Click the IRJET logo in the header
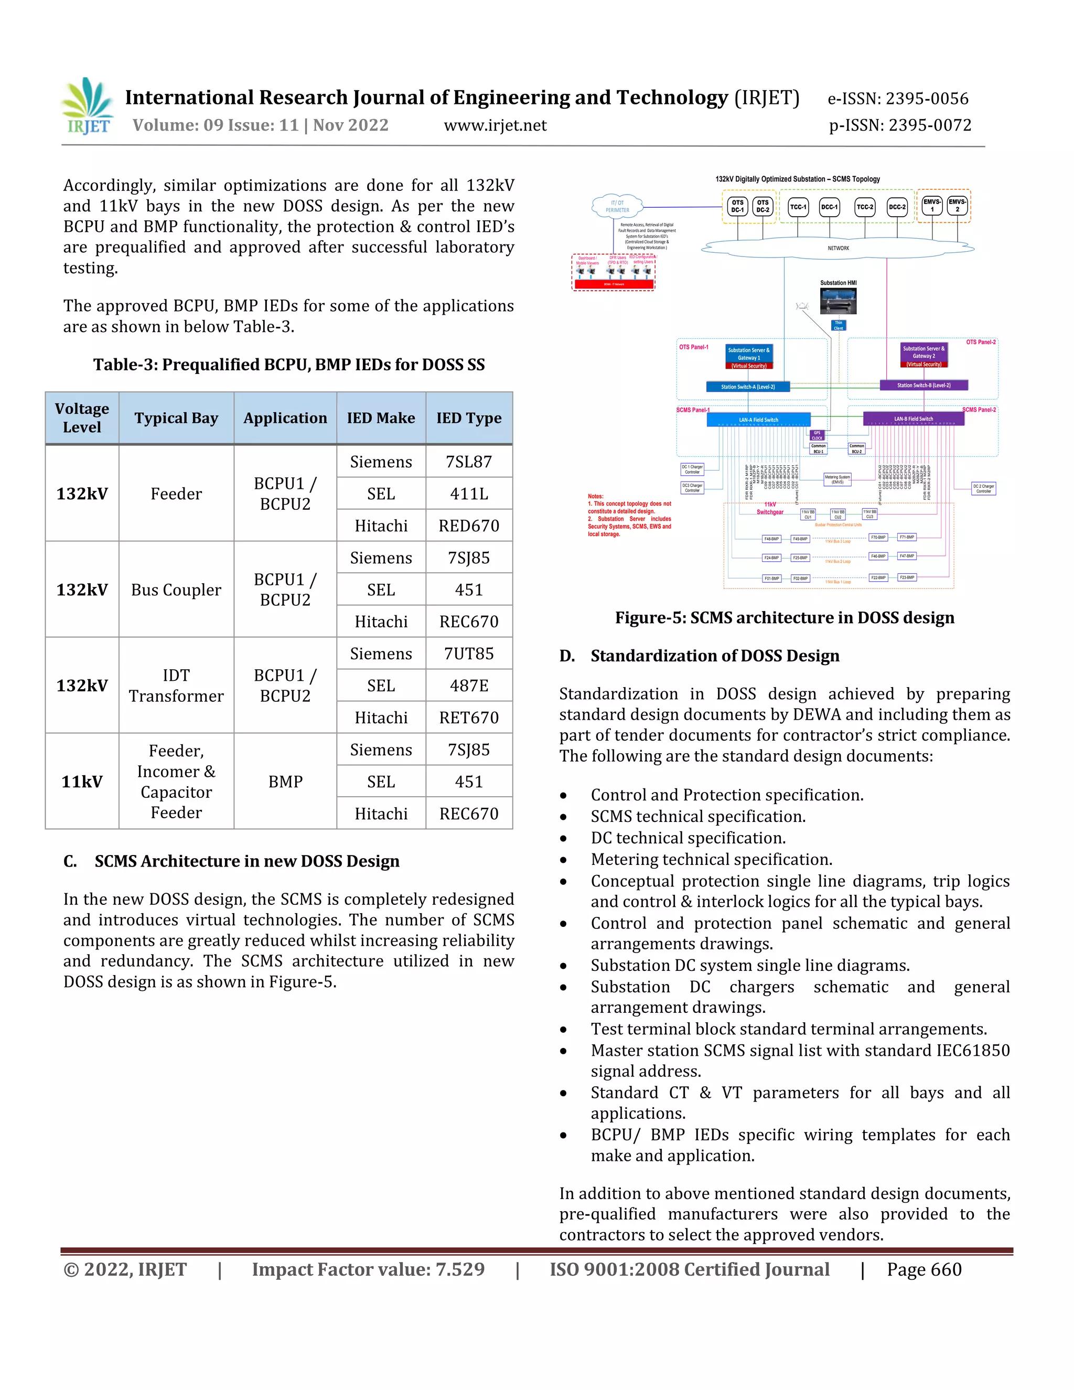point(88,106)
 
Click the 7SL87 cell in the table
point(469,462)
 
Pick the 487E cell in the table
point(469,686)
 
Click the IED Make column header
point(381,418)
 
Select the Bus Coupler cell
point(176,590)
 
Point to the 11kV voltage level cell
point(81,781)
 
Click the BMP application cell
point(285,781)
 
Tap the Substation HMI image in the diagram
point(838,301)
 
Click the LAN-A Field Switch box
point(758,420)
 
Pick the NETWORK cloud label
point(838,248)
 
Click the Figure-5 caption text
point(785,617)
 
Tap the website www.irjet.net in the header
point(495,125)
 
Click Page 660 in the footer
point(924,1270)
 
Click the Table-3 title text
point(289,365)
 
